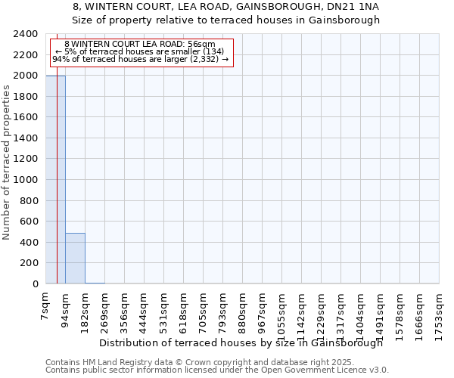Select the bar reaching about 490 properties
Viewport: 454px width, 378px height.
(x=75, y=259)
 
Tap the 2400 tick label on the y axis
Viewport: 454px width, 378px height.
(x=26, y=34)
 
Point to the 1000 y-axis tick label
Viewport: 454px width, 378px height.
(x=26, y=180)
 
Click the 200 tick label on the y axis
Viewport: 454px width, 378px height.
(x=29, y=263)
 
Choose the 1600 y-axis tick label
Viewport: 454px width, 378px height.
(x=26, y=117)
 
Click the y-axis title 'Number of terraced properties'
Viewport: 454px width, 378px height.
(x=7, y=163)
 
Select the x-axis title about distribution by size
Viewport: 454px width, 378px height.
(x=241, y=342)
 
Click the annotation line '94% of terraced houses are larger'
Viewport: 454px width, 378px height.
(x=140, y=59)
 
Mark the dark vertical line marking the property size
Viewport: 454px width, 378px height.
(x=57, y=189)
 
